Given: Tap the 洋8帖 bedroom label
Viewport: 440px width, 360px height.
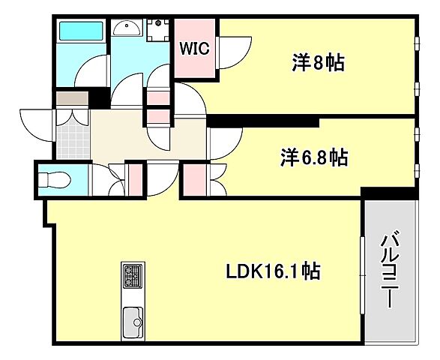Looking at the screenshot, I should pos(319,63).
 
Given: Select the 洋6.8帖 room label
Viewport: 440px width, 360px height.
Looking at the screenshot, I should pos(314,157).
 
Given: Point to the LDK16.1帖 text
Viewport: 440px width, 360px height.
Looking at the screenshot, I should pos(273,271).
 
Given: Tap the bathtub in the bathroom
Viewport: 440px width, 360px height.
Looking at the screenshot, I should pos(83,31).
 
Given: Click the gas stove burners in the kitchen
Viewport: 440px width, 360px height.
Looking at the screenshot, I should pos(133,277).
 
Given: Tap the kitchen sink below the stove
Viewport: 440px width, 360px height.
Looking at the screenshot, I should pos(133,322).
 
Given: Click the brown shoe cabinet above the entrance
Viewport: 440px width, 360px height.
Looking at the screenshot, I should pos(72,98).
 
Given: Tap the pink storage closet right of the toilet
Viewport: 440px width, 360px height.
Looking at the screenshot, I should pos(136,179).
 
